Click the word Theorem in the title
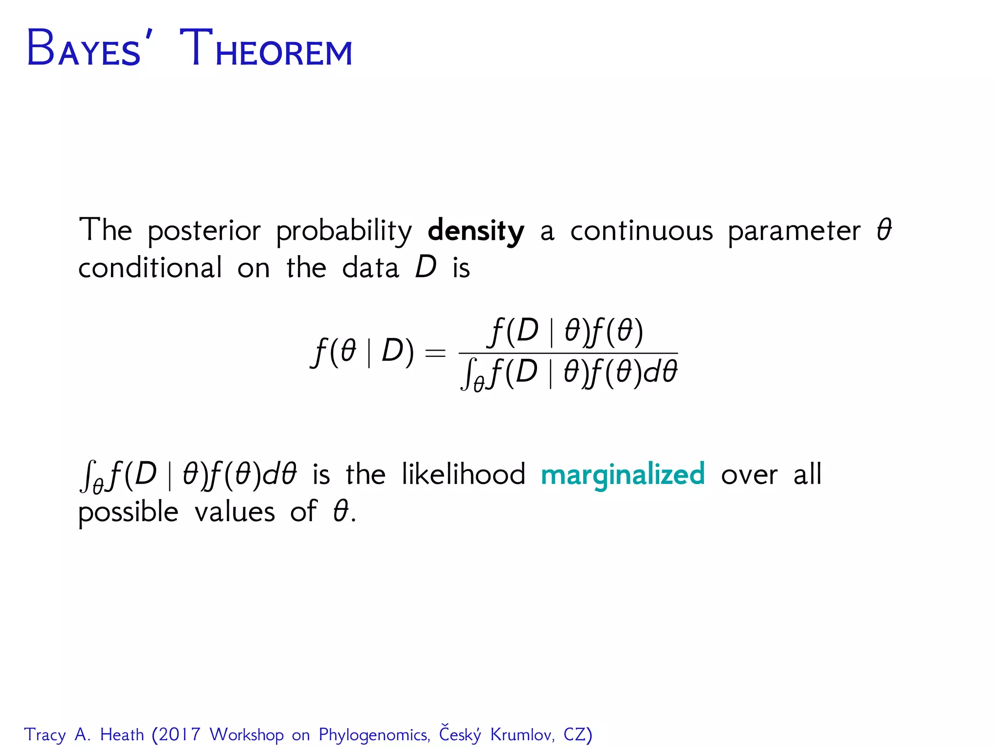(266, 49)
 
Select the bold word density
(476, 231)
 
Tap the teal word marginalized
(623, 475)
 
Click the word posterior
(204, 231)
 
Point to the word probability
(344, 231)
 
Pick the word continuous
(641, 230)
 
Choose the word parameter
(794, 231)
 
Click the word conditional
(150, 268)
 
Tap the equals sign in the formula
(435, 352)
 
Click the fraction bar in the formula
(568, 353)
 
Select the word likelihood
(463, 474)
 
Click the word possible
(129, 513)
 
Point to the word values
(235, 512)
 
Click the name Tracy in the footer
(45, 735)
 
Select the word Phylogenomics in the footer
(374, 735)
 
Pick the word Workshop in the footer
(247, 734)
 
